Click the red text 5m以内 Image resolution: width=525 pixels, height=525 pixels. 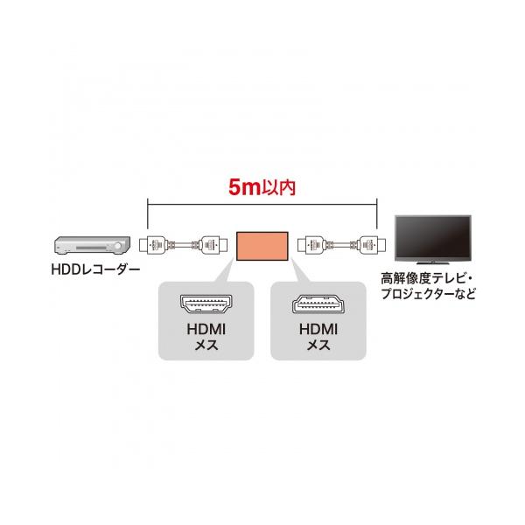(x=262, y=187)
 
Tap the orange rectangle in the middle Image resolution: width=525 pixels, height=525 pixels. (x=262, y=246)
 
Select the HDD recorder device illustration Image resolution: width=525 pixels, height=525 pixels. (x=92, y=246)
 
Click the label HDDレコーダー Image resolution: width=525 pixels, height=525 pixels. (x=95, y=269)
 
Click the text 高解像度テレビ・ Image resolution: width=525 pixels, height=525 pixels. (x=428, y=278)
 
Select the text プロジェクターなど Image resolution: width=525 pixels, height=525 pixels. (x=428, y=294)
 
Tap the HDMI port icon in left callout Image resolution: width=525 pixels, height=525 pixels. (x=206, y=304)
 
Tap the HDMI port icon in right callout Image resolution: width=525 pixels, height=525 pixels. (x=318, y=304)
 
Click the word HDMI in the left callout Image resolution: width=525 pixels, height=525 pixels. (x=206, y=329)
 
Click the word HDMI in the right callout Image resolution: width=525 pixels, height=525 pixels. (x=318, y=329)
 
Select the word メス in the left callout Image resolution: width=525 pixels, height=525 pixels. (x=206, y=346)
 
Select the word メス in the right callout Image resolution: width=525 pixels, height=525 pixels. (x=318, y=346)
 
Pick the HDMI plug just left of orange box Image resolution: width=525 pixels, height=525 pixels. (x=213, y=245)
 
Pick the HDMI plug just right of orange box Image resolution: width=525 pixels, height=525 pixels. (x=311, y=245)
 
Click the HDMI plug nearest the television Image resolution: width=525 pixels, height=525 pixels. (x=372, y=245)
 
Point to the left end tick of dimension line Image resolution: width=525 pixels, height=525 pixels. (x=148, y=213)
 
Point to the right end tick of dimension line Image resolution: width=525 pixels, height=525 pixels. (x=377, y=213)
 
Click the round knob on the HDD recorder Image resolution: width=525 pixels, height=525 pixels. (x=118, y=247)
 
